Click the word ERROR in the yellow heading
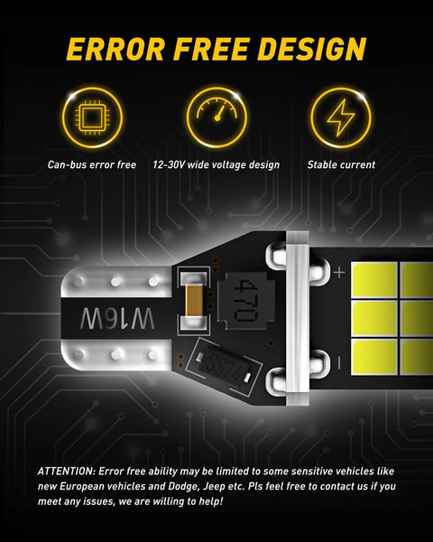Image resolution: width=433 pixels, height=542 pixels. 116,49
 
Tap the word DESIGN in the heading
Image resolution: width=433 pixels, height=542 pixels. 312,49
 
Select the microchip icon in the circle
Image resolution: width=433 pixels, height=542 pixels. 92,117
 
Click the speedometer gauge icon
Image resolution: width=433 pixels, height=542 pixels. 216,109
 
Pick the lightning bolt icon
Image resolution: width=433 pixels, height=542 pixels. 340,117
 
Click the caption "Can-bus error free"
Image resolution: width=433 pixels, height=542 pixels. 92,165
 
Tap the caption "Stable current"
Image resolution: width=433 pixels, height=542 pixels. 341,165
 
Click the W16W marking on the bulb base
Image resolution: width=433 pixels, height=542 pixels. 117,319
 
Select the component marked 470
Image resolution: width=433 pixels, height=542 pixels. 246,300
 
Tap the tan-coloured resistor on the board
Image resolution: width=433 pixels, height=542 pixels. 194,301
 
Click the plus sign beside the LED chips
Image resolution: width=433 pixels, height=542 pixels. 339,273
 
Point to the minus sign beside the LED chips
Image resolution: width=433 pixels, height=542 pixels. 339,363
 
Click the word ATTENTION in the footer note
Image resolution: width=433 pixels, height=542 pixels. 66,472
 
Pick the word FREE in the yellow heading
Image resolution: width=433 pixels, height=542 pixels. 211,49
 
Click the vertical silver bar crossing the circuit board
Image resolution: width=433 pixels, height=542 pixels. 298,318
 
